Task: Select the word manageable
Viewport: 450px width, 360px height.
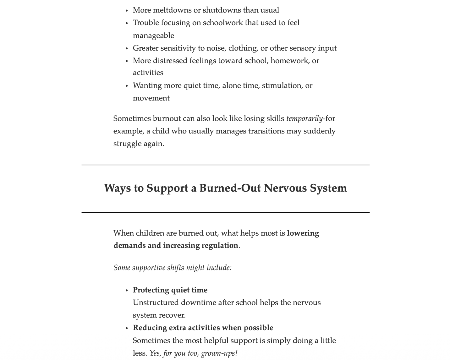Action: point(153,35)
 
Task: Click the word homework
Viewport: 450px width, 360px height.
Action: point(290,60)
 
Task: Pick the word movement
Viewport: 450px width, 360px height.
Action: point(151,98)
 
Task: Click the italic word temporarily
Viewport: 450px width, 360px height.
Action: point(304,118)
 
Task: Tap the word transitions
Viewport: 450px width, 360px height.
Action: point(266,131)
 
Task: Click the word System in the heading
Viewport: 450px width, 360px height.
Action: point(328,188)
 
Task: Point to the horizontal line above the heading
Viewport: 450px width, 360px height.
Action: point(225,165)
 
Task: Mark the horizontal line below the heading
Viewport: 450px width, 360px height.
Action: point(225,213)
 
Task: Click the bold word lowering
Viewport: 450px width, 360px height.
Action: point(303,233)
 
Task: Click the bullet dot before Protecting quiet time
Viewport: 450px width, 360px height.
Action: point(127,291)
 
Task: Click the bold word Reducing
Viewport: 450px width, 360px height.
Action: point(150,328)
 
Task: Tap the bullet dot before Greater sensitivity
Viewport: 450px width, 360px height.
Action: point(127,49)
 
